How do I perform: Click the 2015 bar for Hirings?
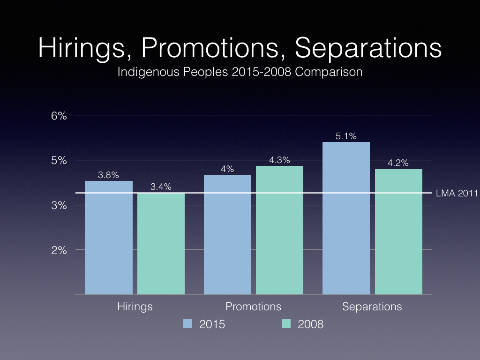109,238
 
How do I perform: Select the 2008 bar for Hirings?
161,244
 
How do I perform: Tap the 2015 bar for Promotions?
228,234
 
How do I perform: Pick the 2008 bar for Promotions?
279,230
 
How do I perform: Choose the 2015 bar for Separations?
346,218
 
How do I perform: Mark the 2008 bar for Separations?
398,232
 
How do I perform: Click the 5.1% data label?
346,137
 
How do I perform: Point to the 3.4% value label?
161,187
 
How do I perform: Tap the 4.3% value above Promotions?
279,160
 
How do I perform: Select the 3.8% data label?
108,175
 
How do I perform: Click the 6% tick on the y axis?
60,115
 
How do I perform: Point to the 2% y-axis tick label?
60,250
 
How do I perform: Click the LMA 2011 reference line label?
457,193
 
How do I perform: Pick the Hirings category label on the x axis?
135,307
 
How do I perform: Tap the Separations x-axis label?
372,307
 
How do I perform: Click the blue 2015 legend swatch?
187,323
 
